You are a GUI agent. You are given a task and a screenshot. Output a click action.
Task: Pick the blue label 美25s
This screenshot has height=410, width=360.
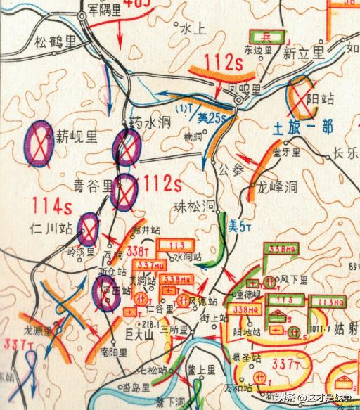(210, 117)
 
